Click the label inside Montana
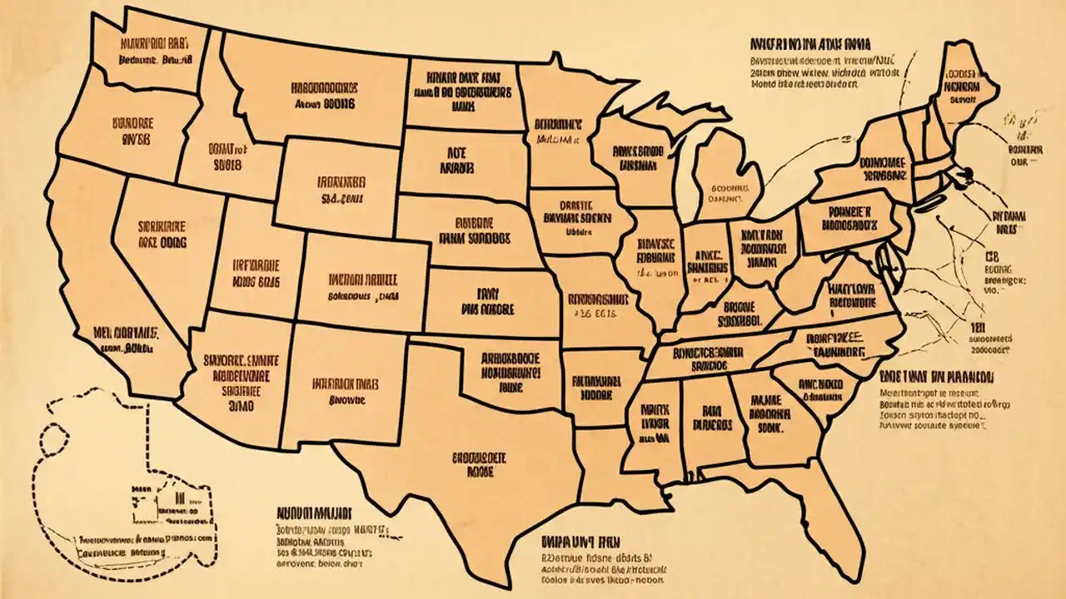(325, 96)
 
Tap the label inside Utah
(246, 274)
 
